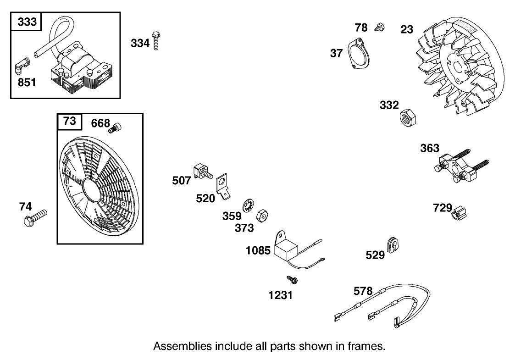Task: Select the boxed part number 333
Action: click(27, 22)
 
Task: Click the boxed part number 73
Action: click(69, 122)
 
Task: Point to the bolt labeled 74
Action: click(35, 217)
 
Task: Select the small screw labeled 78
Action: click(379, 26)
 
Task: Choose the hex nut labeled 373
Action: click(262, 215)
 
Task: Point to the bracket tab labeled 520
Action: click(223, 186)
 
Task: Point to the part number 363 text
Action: click(430, 149)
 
